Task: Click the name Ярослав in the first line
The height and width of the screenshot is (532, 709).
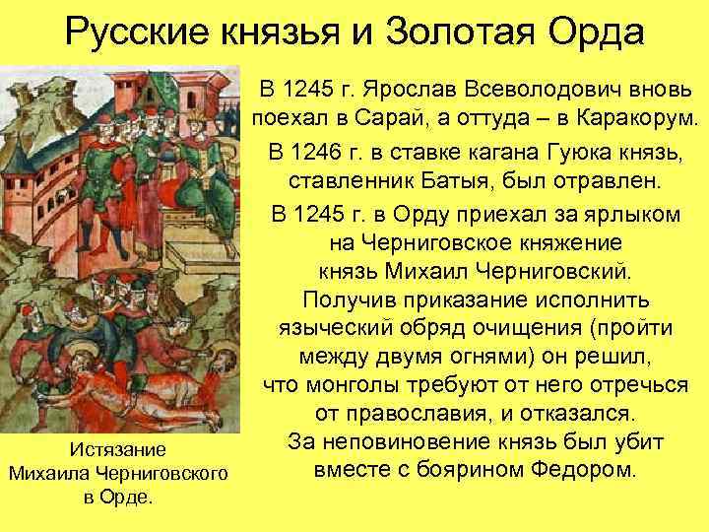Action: (402, 91)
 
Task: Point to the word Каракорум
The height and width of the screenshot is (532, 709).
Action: (634, 121)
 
